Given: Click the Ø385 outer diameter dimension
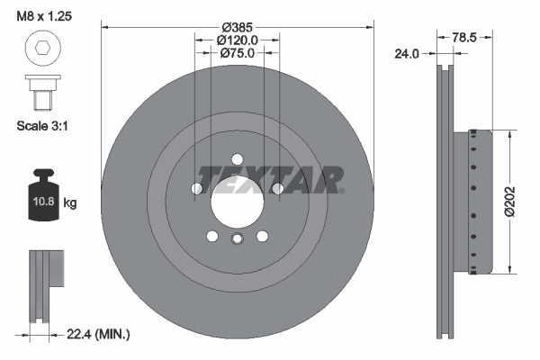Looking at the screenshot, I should [x=238, y=26].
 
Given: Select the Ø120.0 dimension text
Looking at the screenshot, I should [x=238, y=40].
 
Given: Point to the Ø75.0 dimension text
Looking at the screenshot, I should [x=238, y=53].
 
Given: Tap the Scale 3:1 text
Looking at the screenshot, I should [x=42, y=126].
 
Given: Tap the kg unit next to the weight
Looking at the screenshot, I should [x=70, y=203].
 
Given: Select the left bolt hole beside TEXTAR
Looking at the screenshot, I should [x=197, y=188].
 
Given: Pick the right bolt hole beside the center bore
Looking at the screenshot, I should [x=277, y=188].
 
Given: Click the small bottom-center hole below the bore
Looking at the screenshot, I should [x=238, y=238].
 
